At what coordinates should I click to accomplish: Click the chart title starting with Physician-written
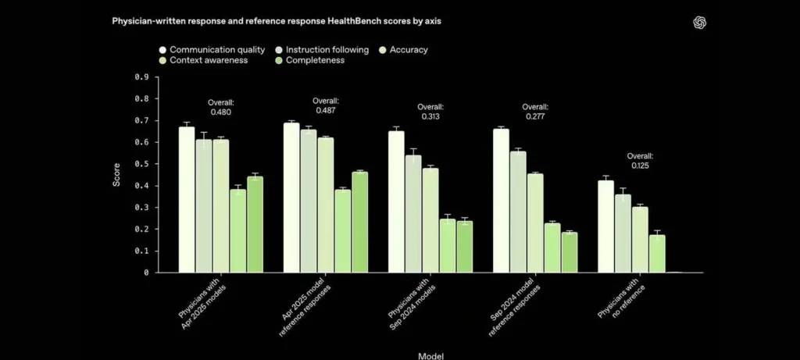click(277, 21)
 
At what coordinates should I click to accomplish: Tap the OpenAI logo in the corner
click(699, 23)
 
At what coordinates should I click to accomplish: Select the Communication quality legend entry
click(212, 50)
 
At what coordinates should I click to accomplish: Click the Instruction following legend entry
click(321, 50)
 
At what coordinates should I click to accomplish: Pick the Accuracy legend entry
click(403, 50)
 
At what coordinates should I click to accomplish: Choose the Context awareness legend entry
click(204, 60)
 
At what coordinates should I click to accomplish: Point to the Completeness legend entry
click(309, 60)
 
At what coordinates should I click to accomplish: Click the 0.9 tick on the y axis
click(142, 77)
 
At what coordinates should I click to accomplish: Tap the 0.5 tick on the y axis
click(142, 164)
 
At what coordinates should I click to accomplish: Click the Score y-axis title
click(117, 174)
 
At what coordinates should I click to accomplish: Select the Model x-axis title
click(430, 356)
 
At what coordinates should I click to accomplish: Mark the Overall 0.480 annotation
click(221, 107)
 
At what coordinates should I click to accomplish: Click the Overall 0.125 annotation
click(640, 161)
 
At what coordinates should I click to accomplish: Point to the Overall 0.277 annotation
click(535, 112)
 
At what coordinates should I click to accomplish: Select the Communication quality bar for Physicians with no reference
click(605, 226)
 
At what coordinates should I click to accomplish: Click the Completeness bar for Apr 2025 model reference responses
click(359, 223)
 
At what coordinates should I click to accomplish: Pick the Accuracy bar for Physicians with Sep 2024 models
click(430, 220)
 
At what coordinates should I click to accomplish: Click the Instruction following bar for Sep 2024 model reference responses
click(518, 212)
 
